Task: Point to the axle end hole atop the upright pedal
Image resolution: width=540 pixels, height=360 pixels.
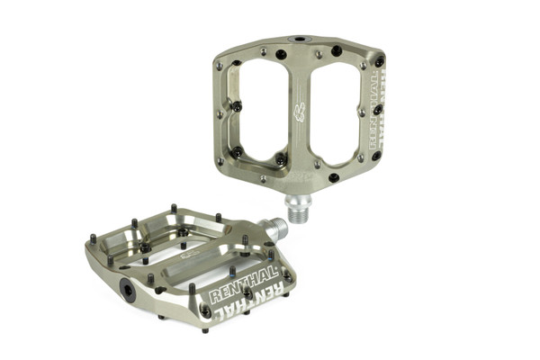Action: pos(297,40)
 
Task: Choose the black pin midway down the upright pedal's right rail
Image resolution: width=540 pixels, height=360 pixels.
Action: pos(377,110)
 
